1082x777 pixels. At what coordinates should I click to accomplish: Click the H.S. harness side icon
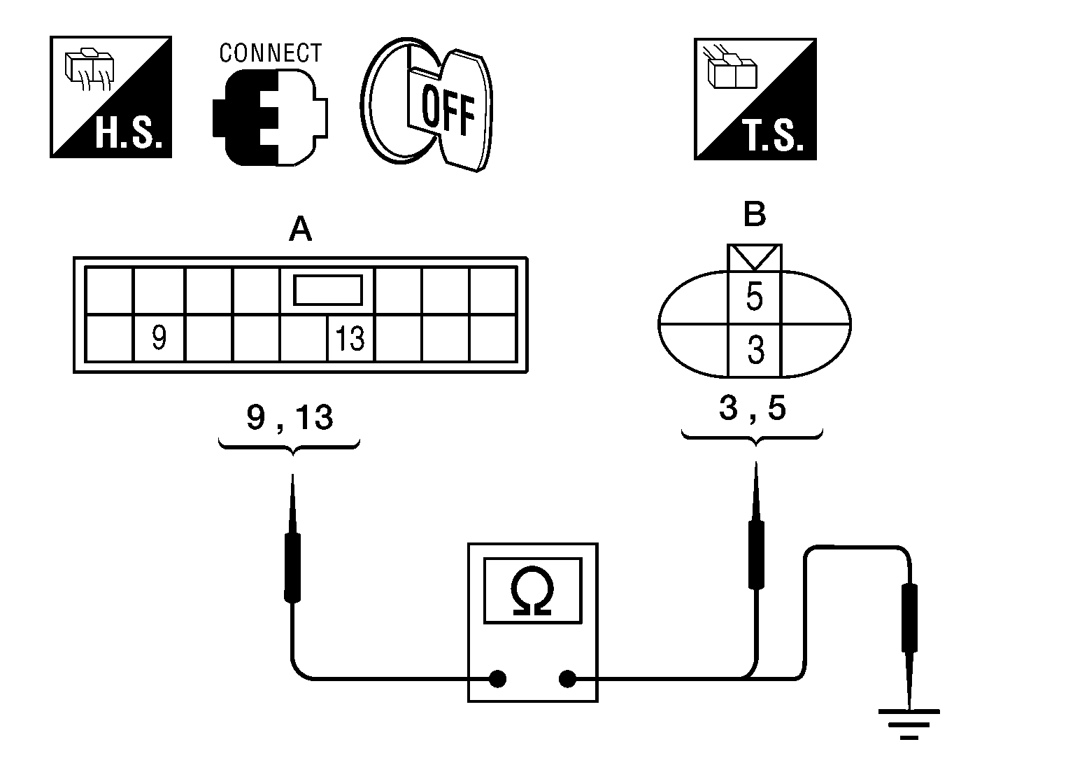[111, 97]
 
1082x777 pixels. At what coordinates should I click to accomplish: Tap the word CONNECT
[270, 53]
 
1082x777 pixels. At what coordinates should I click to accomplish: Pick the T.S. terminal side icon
[755, 99]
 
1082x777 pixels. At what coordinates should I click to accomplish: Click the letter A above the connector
[300, 228]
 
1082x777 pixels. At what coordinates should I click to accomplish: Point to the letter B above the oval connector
[755, 214]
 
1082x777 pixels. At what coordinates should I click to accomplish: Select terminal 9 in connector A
[159, 339]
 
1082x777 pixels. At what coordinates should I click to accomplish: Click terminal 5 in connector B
[755, 297]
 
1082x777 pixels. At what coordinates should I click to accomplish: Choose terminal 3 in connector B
[755, 350]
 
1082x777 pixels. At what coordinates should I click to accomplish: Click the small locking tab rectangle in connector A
[327, 290]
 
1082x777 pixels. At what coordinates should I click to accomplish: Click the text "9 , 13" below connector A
[290, 418]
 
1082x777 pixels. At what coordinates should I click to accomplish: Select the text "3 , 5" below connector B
[752, 409]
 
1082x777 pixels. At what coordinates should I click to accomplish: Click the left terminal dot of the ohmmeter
[497, 678]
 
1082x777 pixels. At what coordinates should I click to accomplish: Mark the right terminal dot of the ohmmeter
[567, 678]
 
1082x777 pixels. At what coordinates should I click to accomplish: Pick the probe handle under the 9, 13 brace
[292, 567]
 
